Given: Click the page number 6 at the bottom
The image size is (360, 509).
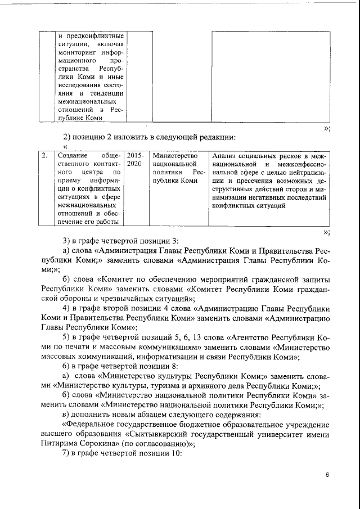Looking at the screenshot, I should pyautogui.click(x=327, y=475).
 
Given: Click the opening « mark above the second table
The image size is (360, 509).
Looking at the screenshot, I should pyautogui.click(x=65, y=146).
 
